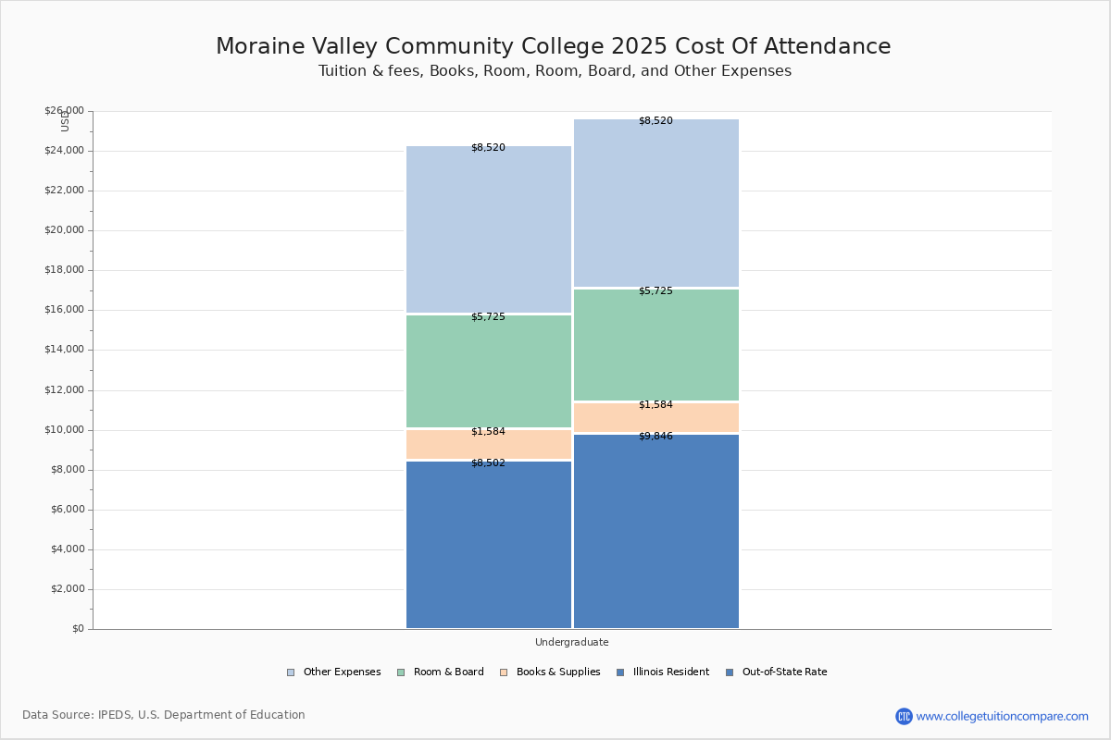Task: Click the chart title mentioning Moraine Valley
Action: click(553, 46)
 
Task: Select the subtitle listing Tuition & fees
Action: click(555, 71)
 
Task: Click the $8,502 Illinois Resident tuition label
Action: click(488, 462)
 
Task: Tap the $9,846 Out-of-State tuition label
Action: click(655, 436)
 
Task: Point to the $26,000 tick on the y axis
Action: click(64, 111)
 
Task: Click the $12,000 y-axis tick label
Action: click(64, 390)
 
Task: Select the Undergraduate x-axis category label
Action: click(571, 642)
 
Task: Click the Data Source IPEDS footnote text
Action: click(164, 715)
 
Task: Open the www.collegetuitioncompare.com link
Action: click(1002, 716)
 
